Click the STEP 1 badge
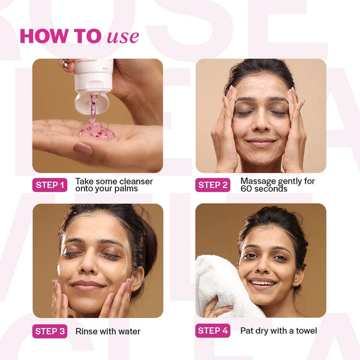(x=50, y=185)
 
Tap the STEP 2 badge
(x=213, y=185)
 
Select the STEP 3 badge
(x=50, y=331)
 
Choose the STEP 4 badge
(x=213, y=331)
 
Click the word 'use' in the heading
(x=123, y=37)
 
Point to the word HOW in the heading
(x=44, y=36)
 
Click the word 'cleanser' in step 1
(x=136, y=181)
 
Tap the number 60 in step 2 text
(x=246, y=189)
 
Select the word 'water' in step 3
(x=130, y=331)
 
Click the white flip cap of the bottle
(x=92, y=103)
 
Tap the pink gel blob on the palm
(x=97, y=131)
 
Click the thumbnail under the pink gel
(x=83, y=148)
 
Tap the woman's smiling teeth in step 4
(x=263, y=283)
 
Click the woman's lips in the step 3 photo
(x=88, y=286)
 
